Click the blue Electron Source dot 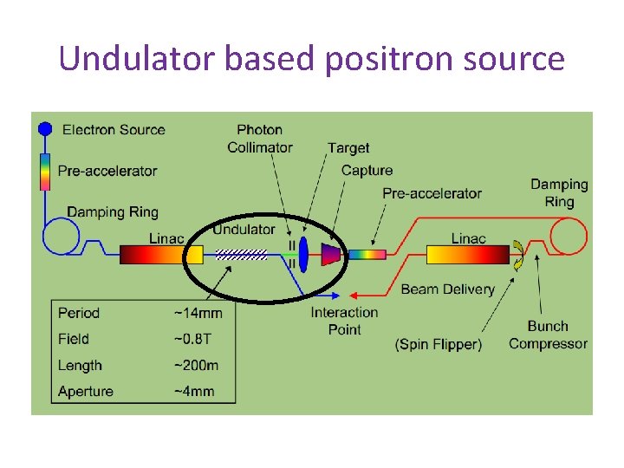[x=45, y=129]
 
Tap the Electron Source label [x=114, y=130]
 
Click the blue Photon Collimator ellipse [x=304, y=254]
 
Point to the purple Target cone [x=330, y=254]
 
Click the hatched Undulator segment [x=241, y=254]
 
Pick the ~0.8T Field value [x=192, y=339]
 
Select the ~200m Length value [x=196, y=366]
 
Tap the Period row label [x=79, y=313]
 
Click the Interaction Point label [x=345, y=321]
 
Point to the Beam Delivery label [x=447, y=289]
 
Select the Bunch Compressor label [x=549, y=335]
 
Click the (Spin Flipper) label [x=438, y=344]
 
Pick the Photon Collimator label [x=260, y=139]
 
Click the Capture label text [x=367, y=171]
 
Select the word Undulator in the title [x=137, y=59]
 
